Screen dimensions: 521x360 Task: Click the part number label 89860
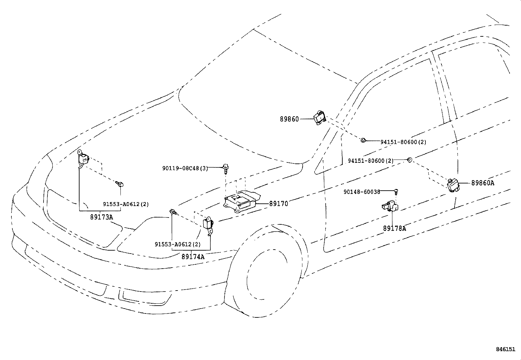pos(289,119)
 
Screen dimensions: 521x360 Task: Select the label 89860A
pos(483,183)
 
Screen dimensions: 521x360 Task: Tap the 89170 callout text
pos(278,204)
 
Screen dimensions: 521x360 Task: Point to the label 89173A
pos(102,217)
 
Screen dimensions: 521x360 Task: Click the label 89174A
pos(193,256)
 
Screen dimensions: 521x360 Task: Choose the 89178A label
pos(394,228)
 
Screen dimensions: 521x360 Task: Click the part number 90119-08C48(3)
pos(185,168)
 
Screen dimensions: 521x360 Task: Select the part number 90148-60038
pos(362,192)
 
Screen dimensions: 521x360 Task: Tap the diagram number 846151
pos(506,349)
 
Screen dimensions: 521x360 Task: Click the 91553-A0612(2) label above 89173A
pos(126,204)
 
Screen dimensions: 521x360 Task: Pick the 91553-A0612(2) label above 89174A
pos(178,244)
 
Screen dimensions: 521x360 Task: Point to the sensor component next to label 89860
pos(319,118)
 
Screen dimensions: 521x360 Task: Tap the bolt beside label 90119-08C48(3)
pos(225,169)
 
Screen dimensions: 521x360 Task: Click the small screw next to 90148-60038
pos(396,192)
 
